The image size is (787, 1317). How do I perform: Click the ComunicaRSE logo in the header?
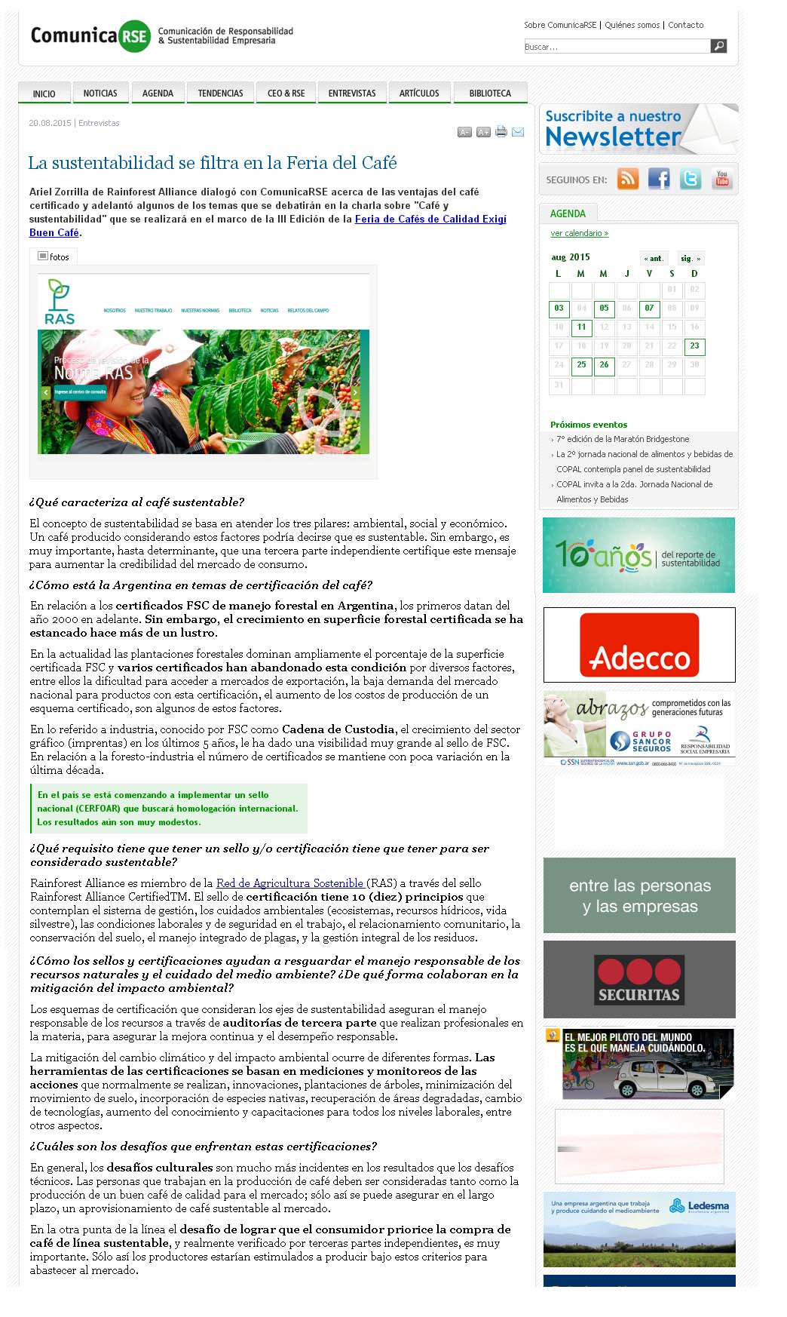click(90, 35)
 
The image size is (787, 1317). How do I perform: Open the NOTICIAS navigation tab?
click(100, 94)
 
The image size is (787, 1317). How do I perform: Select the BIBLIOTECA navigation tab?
click(490, 94)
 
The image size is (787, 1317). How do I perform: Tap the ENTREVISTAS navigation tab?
click(352, 94)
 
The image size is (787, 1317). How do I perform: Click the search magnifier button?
click(719, 47)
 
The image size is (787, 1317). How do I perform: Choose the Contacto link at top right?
click(685, 25)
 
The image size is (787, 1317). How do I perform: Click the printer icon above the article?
click(501, 132)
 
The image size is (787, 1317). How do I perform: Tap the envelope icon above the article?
click(518, 132)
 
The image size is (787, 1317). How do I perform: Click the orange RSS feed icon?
click(628, 179)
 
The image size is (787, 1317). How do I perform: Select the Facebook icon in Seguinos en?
click(659, 179)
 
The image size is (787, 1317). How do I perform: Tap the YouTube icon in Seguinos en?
click(722, 179)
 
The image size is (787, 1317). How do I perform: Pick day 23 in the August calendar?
click(694, 346)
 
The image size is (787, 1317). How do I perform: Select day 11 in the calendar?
click(581, 327)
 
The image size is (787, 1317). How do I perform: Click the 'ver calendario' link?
click(579, 234)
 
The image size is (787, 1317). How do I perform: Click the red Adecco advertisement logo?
click(639, 645)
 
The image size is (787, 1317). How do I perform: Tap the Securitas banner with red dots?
click(639, 980)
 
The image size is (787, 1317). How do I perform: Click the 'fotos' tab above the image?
click(54, 257)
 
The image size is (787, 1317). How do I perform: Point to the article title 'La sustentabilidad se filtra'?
click(212, 163)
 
